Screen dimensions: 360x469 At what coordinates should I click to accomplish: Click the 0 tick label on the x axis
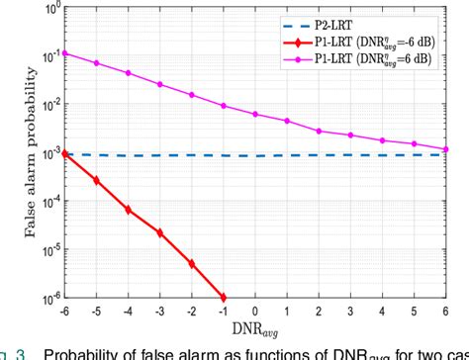tap(255, 310)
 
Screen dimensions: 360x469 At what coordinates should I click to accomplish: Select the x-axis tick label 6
tap(446, 310)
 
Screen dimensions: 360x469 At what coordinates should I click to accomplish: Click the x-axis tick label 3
tap(351, 310)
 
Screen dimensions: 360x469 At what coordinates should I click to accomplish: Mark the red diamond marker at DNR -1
tap(224, 297)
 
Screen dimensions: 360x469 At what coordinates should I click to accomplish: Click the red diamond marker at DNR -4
tap(129, 210)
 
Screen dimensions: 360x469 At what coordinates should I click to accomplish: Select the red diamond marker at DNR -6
tap(64, 153)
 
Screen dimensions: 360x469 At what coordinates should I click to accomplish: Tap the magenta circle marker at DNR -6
tap(64, 52)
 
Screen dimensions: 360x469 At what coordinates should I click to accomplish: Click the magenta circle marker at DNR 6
tap(446, 148)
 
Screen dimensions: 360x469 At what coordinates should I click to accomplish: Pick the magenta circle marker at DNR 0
tap(255, 114)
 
